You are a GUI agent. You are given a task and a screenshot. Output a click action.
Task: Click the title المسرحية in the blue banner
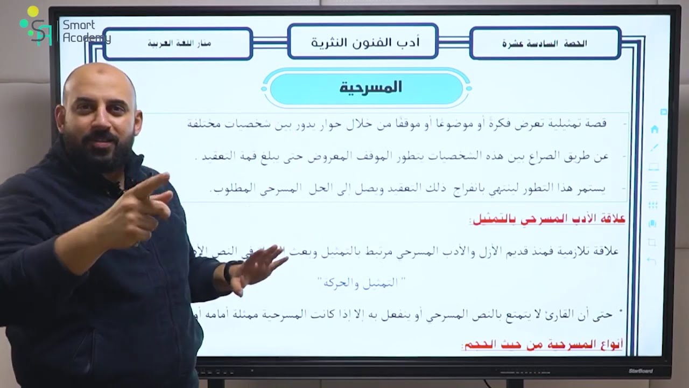coord(370,88)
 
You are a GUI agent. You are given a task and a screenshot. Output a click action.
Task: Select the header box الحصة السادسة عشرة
coord(544,43)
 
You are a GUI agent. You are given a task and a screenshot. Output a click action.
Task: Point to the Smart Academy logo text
coord(86,31)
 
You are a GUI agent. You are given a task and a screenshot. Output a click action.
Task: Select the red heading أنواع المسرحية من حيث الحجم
coord(542,345)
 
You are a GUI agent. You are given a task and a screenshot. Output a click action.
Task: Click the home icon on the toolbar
coord(655,129)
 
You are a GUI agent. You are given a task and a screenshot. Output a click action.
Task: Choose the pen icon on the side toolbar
coord(655,148)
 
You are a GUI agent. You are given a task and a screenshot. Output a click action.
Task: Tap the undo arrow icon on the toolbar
coord(652,261)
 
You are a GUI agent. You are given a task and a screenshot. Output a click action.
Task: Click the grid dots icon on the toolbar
coord(653,205)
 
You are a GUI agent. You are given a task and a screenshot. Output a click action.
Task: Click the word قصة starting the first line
coord(596,123)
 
